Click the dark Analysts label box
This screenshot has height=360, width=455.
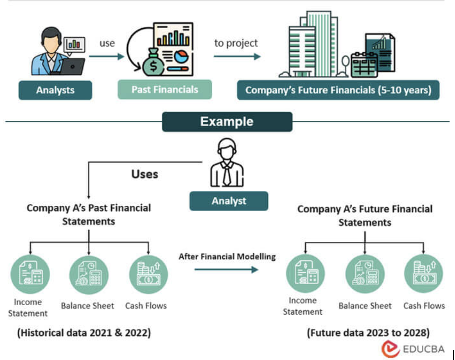(x=55, y=90)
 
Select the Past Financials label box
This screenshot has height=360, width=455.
(x=165, y=90)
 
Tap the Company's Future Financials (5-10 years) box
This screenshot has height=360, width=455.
(x=338, y=91)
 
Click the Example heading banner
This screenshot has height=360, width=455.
(x=227, y=122)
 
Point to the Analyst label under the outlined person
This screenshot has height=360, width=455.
(x=229, y=201)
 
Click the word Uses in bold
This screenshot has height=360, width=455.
(x=144, y=174)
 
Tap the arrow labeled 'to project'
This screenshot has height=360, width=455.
(x=237, y=57)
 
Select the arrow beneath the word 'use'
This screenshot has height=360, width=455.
(x=106, y=57)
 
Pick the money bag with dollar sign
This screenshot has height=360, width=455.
(x=153, y=64)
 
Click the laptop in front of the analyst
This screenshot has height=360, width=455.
(x=73, y=67)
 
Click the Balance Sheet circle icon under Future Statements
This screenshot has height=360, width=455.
(x=365, y=274)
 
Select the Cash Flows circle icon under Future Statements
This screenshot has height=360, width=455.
(x=423, y=274)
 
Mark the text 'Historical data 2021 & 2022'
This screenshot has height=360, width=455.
(x=84, y=332)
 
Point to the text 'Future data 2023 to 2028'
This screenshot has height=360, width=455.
(x=369, y=332)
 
